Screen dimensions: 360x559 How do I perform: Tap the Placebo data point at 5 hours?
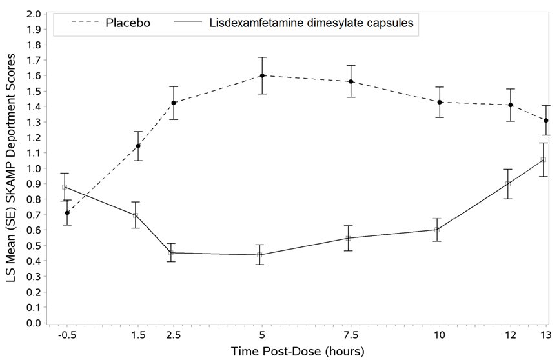coord(262,75)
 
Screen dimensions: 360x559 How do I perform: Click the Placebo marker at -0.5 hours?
coord(67,213)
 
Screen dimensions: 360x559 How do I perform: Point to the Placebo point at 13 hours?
coord(546,121)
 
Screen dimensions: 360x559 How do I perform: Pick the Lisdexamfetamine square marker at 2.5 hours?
coord(171,253)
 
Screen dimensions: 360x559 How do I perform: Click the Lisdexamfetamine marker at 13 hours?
coord(544,160)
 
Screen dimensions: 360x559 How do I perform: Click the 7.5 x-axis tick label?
coord(350,336)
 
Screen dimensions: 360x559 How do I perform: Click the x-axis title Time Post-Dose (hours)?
coord(298,352)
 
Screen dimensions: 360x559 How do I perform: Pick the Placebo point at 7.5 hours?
coord(351,82)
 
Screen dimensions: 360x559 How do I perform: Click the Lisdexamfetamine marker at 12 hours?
coord(508,184)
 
